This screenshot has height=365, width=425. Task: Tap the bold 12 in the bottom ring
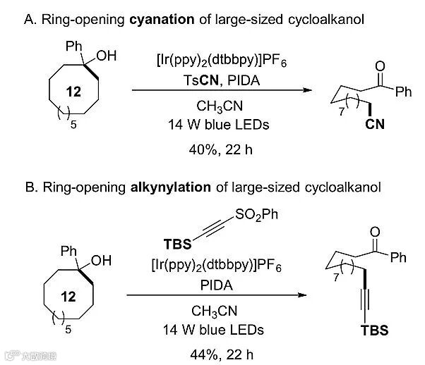point(68,297)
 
